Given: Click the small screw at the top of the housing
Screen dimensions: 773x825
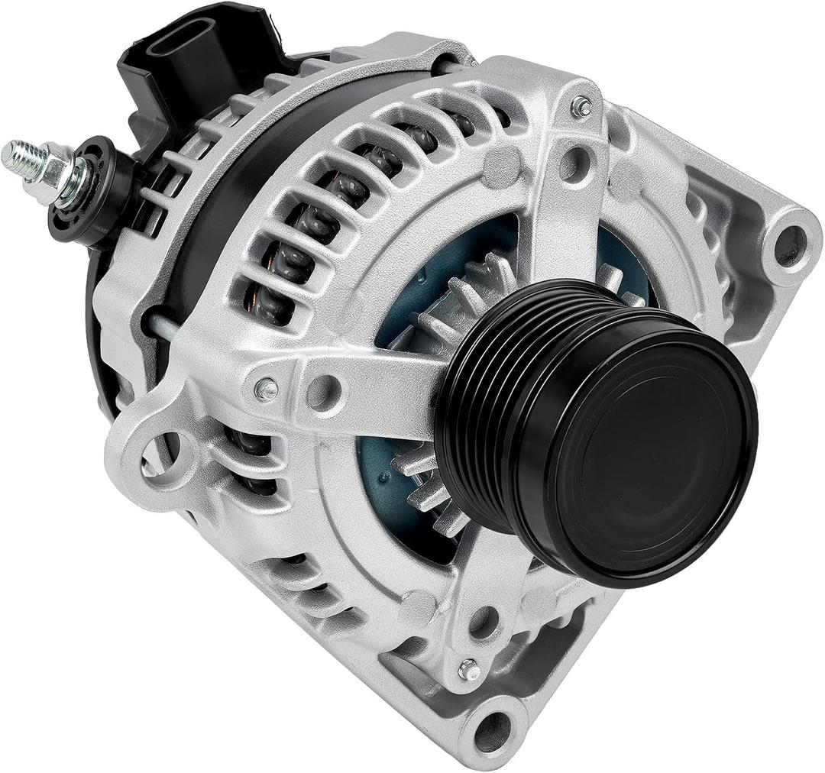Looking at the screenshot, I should click(x=582, y=107).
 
